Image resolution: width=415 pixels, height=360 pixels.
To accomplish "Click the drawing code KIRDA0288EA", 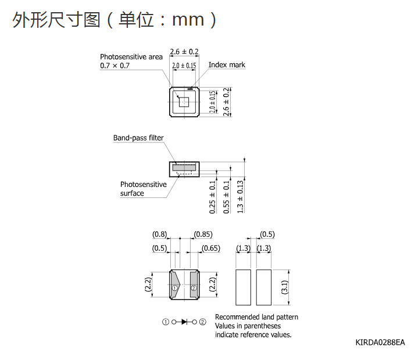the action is [x=380, y=343].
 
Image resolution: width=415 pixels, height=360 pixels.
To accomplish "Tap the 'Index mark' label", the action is [x=227, y=65].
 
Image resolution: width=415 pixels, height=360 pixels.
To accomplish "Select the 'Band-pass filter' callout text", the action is [x=138, y=138].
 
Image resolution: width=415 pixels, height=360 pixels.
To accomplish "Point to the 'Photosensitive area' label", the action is [x=131, y=57].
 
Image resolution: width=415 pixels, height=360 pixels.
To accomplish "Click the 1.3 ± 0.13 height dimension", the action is [x=240, y=197].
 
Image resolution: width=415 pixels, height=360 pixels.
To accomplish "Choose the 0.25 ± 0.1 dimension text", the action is [x=212, y=197].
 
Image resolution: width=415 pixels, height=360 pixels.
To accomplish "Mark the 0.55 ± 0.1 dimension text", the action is [x=226, y=197].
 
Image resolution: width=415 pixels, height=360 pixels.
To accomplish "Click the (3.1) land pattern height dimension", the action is [x=284, y=287].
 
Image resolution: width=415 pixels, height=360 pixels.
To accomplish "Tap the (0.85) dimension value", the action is [x=203, y=235].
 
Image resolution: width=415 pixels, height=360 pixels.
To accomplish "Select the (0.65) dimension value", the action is [x=210, y=248].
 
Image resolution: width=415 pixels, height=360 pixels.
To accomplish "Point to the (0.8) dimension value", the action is [x=160, y=235].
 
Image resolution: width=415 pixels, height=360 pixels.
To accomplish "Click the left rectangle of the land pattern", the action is [x=243, y=287].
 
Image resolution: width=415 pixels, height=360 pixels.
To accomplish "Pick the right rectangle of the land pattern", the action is [x=264, y=287].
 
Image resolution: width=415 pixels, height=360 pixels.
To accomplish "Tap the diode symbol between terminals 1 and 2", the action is [x=184, y=322].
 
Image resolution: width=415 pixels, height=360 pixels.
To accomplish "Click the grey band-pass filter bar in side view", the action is [x=184, y=167].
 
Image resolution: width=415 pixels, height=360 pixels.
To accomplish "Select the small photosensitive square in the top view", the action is [x=184, y=102].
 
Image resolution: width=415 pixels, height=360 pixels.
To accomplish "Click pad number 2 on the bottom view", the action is [x=194, y=288].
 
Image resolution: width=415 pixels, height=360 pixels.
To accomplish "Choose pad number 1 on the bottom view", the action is [x=175, y=288].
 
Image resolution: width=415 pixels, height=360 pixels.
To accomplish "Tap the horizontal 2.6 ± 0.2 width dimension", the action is [x=184, y=52].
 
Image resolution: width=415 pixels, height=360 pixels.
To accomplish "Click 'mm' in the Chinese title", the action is [x=188, y=20].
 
